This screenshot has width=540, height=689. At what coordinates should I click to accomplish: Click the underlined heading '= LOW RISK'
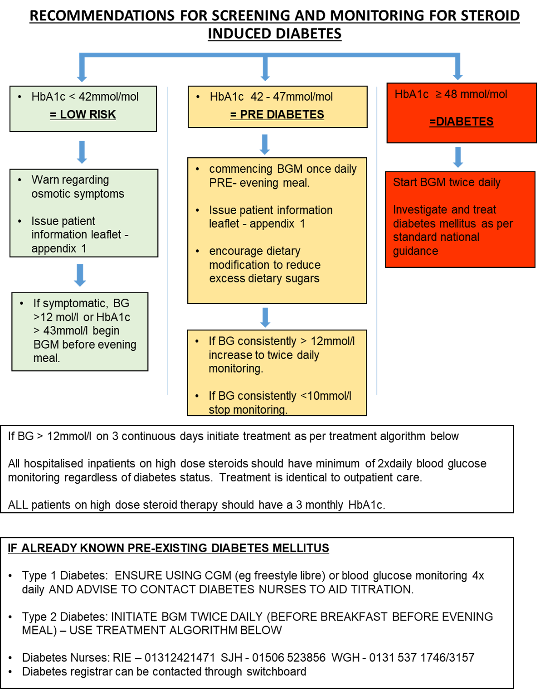(x=83, y=115)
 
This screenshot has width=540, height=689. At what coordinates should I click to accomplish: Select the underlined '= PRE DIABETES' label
(x=277, y=115)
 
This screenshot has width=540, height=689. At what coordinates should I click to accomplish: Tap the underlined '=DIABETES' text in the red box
(x=461, y=121)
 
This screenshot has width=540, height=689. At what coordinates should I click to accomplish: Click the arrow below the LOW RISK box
(x=82, y=152)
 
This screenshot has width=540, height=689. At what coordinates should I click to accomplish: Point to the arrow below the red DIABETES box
(x=458, y=157)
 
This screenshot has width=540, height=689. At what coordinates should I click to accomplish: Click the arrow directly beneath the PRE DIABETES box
(x=265, y=144)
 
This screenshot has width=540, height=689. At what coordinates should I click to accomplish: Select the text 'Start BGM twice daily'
(x=447, y=182)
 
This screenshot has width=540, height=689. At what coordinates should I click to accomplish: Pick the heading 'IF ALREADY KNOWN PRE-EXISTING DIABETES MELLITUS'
(x=168, y=548)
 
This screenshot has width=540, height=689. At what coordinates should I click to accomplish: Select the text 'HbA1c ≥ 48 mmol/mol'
(x=451, y=94)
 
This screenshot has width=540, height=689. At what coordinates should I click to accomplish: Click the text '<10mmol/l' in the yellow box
(x=326, y=396)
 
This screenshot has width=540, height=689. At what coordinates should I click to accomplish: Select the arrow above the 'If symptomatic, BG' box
(x=80, y=275)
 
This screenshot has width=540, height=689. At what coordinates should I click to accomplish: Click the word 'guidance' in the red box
(x=415, y=251)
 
